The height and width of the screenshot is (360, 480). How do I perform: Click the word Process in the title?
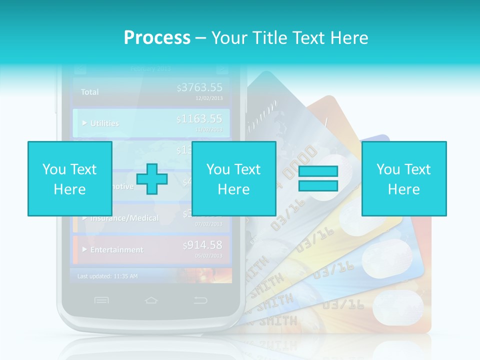[157, 37]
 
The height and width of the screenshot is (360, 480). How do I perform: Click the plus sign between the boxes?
[152, 178]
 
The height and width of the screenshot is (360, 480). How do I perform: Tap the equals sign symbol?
[318, 178]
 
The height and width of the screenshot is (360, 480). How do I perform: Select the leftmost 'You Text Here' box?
[69, 178]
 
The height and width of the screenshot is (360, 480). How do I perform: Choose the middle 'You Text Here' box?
[233, 178]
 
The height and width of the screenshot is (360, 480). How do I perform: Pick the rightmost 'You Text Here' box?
[403, 178]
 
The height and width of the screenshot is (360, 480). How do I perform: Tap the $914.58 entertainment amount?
[202, 245]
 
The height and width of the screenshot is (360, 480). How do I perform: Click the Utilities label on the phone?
[104, 123]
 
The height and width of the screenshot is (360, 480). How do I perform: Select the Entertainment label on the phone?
[116, 249]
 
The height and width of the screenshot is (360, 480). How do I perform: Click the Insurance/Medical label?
[124, 218]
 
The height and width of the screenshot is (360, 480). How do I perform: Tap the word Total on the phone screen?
[90, 92]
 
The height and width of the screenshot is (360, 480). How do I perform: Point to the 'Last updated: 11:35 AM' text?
[107, 276]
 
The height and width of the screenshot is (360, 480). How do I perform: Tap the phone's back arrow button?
[200, 300]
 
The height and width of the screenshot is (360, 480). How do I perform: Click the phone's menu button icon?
[101, 300]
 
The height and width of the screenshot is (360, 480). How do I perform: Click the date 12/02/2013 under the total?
[209, 98]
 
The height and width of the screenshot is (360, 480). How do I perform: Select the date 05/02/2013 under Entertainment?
[209, 255]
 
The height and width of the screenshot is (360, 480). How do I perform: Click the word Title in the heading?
[271, 37]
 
